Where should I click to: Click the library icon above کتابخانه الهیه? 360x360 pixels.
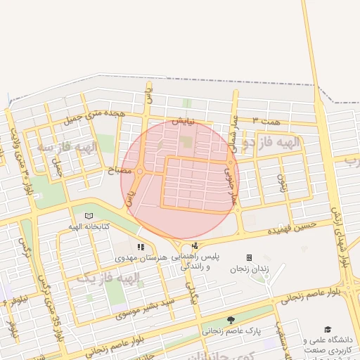point(88,216)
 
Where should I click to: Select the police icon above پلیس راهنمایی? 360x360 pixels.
point(194,246)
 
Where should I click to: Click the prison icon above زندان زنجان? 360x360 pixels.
point(249,258)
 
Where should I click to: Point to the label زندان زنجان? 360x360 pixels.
point(248,269)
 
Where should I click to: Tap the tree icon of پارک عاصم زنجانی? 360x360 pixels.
point(231,319)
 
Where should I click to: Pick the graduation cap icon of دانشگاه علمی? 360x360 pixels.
point(328,329)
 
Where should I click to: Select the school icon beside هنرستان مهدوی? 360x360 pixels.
point(141,247)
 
